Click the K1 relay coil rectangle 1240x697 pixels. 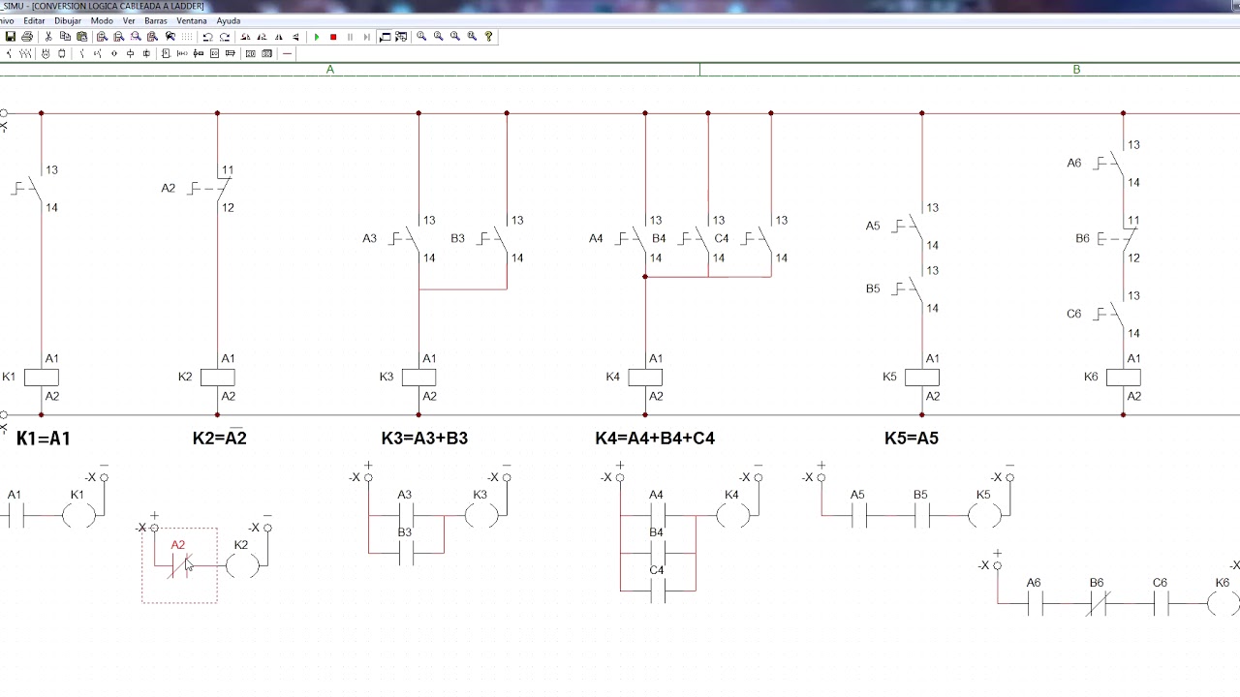[x=42, y=378]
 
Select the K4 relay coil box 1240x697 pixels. [x=645, y=378]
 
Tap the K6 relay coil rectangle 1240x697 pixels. [x=1123, y=378]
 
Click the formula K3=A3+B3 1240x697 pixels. [x=424, y=439]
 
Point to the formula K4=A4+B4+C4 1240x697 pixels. [x=655, y=439]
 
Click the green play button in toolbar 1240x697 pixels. [x=317, y=37]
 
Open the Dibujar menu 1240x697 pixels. [x=68, y=21]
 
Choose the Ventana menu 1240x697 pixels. [x=192, y=21]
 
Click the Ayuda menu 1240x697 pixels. [x=228, y=21]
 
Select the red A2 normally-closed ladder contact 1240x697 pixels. [x=179, y=565]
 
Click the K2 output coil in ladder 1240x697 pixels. [x=242, y=565]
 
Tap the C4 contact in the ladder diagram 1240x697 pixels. [x=657, y=591]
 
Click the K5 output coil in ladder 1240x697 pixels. [x=985, y=516]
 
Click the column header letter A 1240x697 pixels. [x=330, y=70]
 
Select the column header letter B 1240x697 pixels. [x=1076, y=70]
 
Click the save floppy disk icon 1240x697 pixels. [x=10, y=37]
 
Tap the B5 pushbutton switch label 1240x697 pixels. [x=873, y=288]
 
